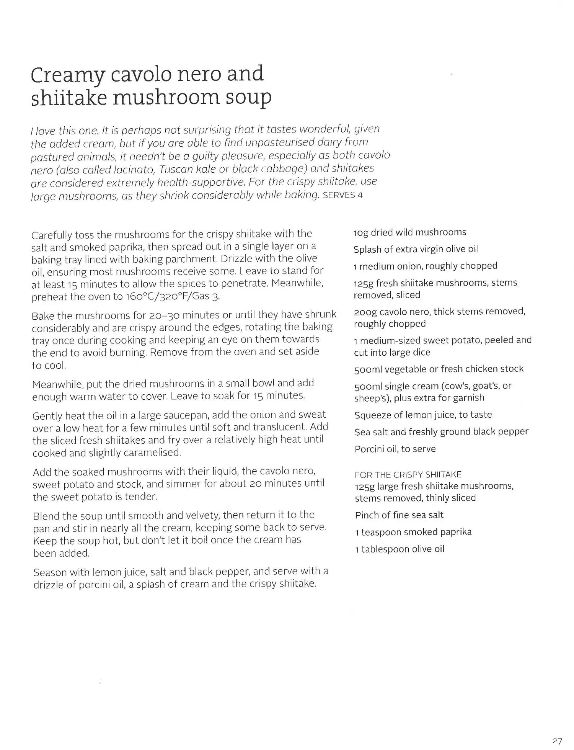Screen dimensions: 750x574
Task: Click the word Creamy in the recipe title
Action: [x=67, y=75]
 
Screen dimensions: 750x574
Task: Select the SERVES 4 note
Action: [x=342, y=195]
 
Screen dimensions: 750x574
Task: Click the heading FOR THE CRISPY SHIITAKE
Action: [x=408, y=475]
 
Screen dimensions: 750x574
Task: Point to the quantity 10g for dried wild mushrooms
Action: [x=360, y=232]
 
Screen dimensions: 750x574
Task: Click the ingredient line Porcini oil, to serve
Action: [x=395, y=449]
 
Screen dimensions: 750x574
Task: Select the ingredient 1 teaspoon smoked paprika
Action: [x=413, y=532]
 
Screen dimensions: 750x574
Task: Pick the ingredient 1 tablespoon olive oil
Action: [x=400, y=549]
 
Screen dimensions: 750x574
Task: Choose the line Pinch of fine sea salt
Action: [x=399, y=515]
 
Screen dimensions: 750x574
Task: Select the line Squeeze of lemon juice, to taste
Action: [x=423, y=415]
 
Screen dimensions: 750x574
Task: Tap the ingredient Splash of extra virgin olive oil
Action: [x=416, y=249]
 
